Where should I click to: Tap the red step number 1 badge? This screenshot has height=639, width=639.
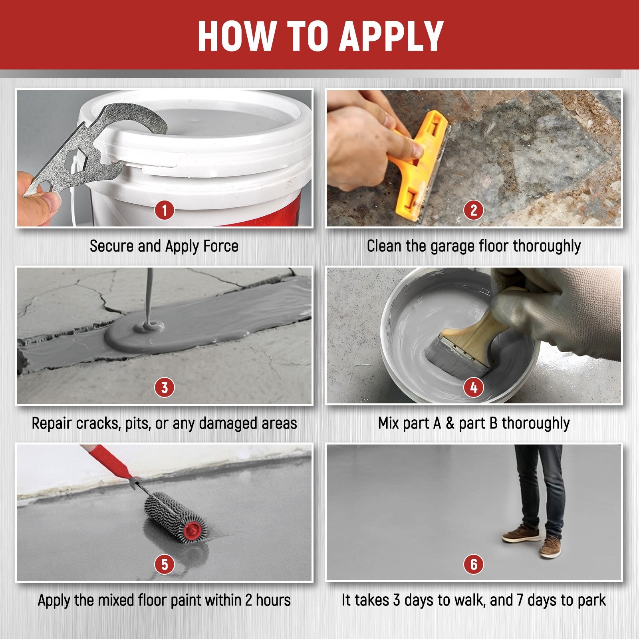pos(164,210)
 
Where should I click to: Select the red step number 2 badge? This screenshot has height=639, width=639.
pos(474,210)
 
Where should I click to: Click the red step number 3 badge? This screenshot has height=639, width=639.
pos(164,387)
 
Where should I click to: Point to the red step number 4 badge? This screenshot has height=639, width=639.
pos(474,387)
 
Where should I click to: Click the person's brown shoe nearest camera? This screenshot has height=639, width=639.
pos(550,548)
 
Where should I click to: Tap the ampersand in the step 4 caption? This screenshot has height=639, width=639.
pos(450,423)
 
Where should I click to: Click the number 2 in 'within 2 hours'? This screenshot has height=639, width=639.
pos(249,600)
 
